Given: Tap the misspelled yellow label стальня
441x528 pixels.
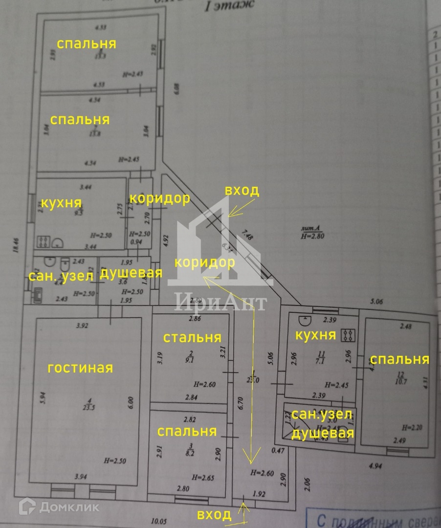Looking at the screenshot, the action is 192,337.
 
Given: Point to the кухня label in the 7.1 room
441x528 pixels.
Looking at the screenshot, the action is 315,335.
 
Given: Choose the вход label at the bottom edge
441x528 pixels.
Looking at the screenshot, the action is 214,514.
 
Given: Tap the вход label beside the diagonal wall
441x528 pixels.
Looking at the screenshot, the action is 242,191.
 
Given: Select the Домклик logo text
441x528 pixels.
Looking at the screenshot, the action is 69,506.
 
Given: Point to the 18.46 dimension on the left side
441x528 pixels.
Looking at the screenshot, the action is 16,243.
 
